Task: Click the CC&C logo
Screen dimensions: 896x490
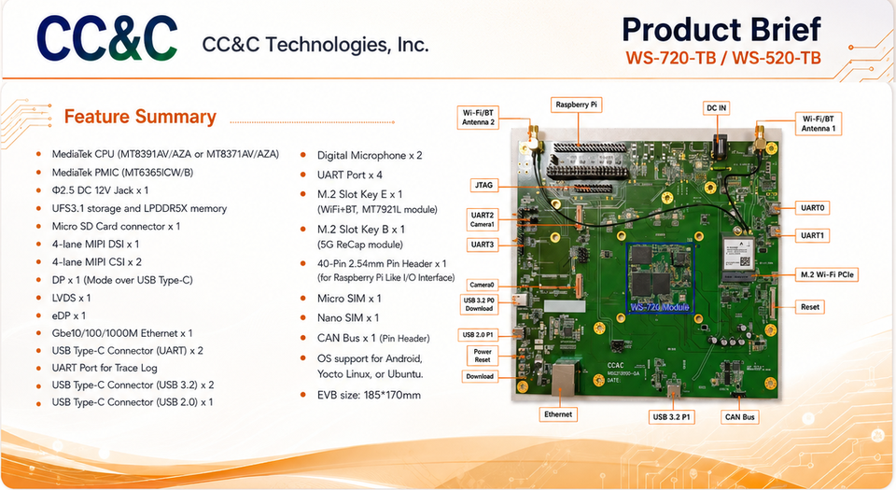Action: (x=106, y=38)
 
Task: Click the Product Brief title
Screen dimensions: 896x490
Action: (x=721, y=30)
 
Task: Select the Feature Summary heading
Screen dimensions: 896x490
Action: (x=140, y=117)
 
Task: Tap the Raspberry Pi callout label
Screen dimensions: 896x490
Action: (x=576, y=105)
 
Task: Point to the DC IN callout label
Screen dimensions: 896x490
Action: (x=716, y=108)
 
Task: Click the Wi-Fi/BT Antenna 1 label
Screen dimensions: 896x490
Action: (x=818, y=123)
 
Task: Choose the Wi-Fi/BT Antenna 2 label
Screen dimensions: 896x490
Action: (x=478, y=118)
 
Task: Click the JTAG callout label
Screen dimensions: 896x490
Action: (x=483, y=185)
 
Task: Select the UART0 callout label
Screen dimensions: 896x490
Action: (x=812, y=208)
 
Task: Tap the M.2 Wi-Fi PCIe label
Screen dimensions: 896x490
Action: (x=827, y=274)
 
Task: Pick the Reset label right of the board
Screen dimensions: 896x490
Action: (x=810, y=307)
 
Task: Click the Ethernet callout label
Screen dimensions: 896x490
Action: (x=558, y=414)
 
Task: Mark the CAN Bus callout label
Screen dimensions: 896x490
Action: (x=739, y=417)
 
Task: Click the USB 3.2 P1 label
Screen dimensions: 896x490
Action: (x=671, y=417)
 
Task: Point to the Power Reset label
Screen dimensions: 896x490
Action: (x=483, y=356)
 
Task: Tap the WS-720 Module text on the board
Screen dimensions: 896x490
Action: (x=660, y=307)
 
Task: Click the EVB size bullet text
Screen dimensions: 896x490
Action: (x=369, y=395)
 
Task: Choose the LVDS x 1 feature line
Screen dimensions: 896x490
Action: (x=71, y=298)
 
